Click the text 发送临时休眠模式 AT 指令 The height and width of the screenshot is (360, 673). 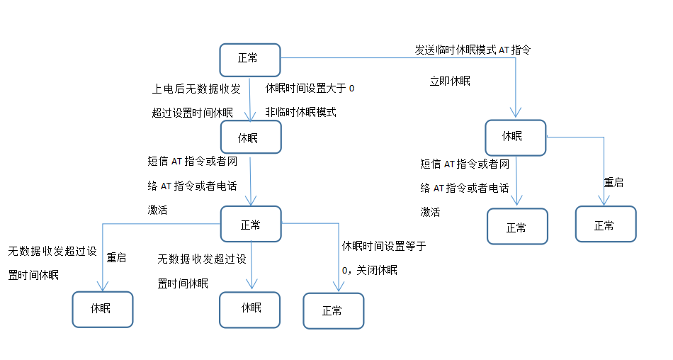(472, 50)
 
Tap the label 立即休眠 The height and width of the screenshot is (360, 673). (450, 81)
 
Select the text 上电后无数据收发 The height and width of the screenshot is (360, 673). (196, 89)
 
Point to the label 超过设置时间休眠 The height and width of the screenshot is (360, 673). (191, 113)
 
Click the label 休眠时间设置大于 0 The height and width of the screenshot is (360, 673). (310, 89)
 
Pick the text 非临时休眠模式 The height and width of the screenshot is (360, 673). (300, 112)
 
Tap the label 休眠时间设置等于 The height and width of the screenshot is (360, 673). (383, 247)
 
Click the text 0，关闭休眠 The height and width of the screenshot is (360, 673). (369, 270)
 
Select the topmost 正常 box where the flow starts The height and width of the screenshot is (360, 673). (249, 60)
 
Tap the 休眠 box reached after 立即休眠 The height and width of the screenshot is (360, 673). (515, 137)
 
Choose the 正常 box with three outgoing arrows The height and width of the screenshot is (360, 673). (251, 225)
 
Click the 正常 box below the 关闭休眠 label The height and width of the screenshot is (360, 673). (333, 310)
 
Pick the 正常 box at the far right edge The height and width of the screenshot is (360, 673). (605, 225)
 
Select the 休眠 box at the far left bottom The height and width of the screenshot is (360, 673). (102, 309)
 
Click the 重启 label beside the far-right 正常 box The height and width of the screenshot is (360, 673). (613, 182)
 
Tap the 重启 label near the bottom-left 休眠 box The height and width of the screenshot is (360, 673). (116, 258)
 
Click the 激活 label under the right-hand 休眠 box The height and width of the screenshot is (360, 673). (431, 212)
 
